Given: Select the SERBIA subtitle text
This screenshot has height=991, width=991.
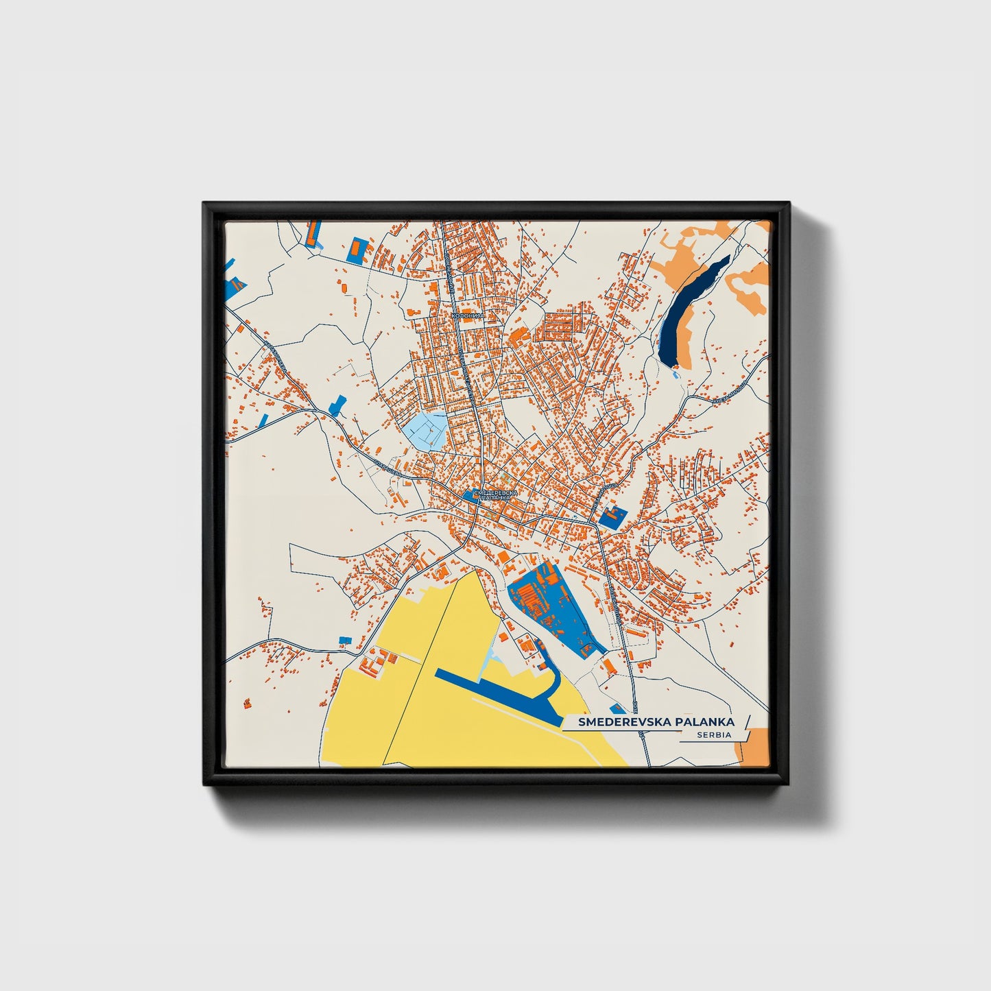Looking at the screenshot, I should tap(713, 735).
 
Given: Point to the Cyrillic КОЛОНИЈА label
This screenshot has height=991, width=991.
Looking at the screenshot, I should tap(468, 315).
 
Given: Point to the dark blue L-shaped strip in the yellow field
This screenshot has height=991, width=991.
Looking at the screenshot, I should tap(501, 686).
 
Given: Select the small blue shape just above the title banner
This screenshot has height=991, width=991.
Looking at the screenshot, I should tap(617, 708).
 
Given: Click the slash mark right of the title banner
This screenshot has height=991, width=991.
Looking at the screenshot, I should tap(747, 721).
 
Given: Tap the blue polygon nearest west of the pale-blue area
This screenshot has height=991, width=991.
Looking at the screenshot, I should tap(338, 405).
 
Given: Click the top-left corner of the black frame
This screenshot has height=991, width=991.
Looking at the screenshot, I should tap(205, 204).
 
